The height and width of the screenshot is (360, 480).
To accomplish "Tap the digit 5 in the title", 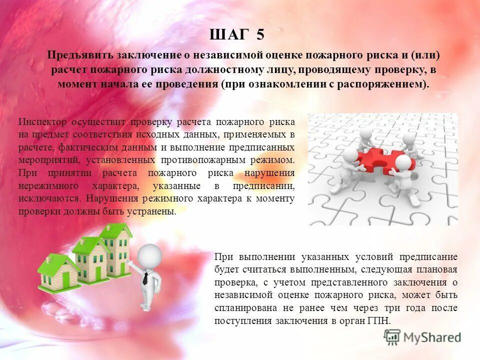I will (x=259, y=34).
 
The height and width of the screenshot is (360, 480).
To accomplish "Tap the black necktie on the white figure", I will (x=145, y=278).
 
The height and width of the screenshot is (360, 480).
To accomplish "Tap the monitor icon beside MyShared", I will (x=392, y=337).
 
